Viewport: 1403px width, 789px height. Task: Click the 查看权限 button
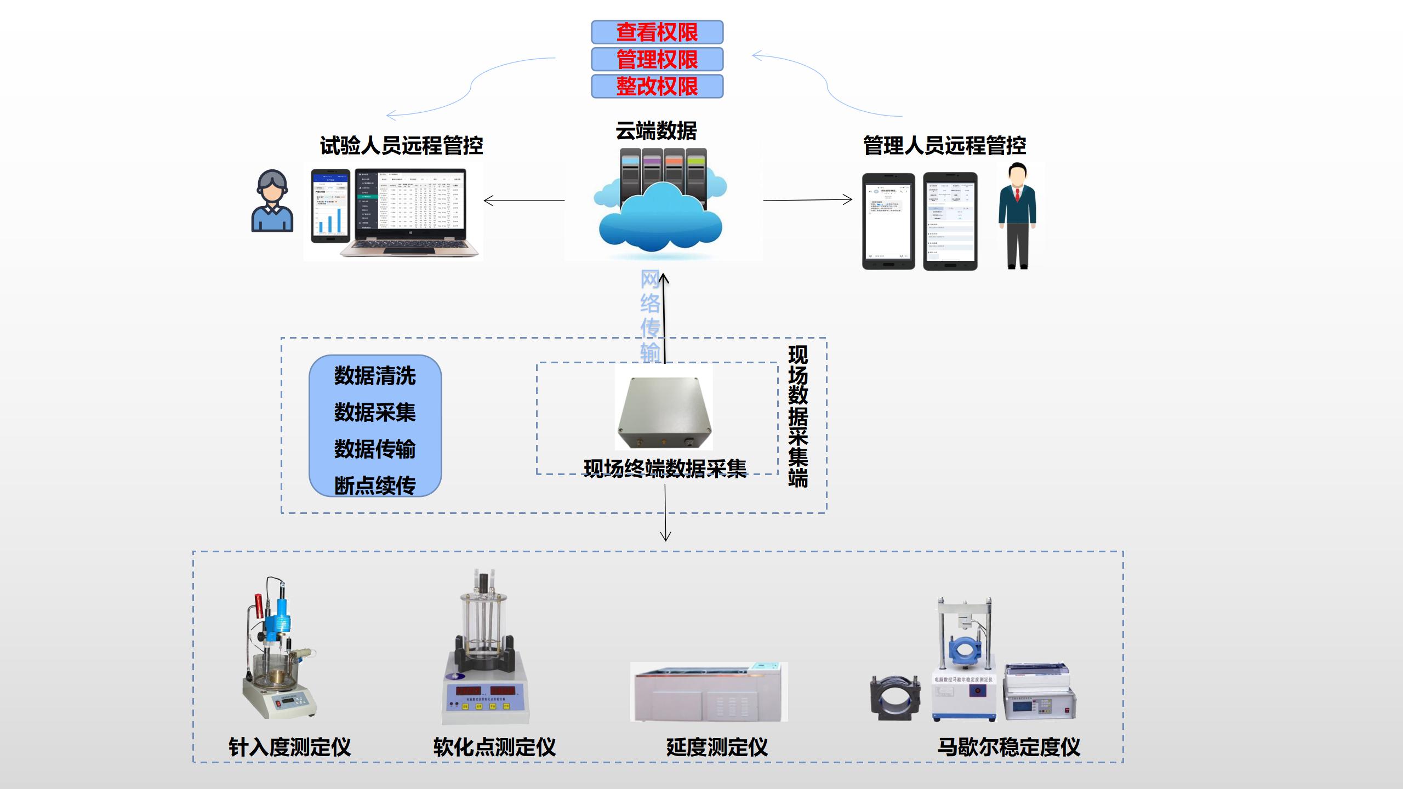click(x=657, y=32)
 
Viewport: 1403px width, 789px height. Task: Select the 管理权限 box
click(x=657, y=59)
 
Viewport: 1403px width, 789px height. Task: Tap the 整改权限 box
click(x=657, y=86)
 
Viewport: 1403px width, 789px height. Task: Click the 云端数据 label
click(x=656, y=131)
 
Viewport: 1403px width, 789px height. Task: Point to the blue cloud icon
click(x=660, y=219)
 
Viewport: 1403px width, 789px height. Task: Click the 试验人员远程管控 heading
click(x=401, y=146)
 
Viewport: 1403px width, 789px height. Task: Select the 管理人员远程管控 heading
click(x=944, y=146)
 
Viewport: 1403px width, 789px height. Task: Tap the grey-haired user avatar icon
click(x=272, y=201)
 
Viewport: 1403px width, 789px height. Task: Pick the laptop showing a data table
click(x=410, y=213)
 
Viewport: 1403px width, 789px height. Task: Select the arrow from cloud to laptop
click(x=524, y=201)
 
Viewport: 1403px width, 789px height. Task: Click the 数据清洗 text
click(x=375, y=376)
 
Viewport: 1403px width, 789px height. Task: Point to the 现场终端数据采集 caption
click(x=665, y=469)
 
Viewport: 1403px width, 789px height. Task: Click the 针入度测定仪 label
click(x=289, y=747)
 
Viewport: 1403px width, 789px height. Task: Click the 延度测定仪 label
click(x=716, y=747)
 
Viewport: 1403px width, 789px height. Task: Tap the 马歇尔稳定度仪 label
click(x=1008, y=747)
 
